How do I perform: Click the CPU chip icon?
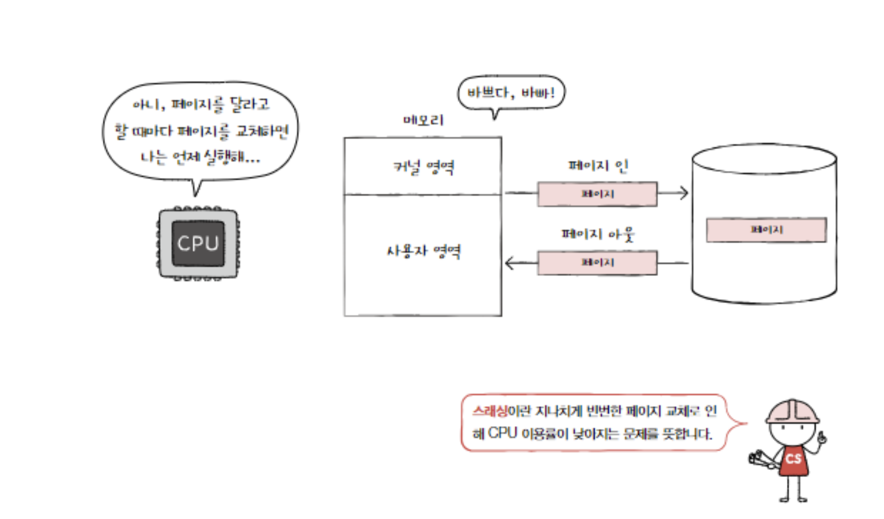pyautogui.click(x=198, y=244)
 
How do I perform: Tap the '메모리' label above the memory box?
pyautogui.click(x=423, y=120)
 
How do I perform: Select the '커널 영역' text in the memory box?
pyautogui.click(x=423, y=167)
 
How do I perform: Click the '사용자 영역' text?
pyautogui.click(x=423, y=251)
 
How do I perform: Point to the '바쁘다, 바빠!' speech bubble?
pyautogui.click(x=510, y=92)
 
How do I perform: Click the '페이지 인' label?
pyautogui.click(x=598, y=166)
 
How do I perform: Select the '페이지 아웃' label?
pyautogui.click(x=598, y=234)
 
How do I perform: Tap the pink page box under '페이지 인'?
pyautogui.click(x=597, y=194)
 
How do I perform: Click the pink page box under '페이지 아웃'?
pyautogui.click(x=597, y=262)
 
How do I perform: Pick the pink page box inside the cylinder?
pyautogui.click(x=766, y=230)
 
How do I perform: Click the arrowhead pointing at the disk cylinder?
pyautogui.click(x=684, y=193)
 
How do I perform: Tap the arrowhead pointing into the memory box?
pyautogui.click(x=509, y=263)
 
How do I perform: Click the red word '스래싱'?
pyautogui.click(x=489, y=411)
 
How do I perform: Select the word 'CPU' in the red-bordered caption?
pyautogui.click(x=502, y=433)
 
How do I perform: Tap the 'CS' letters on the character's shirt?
pyautogui.click(x=793, y=459)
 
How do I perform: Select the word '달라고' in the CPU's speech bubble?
pyautogui.click(x=249, y=104)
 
